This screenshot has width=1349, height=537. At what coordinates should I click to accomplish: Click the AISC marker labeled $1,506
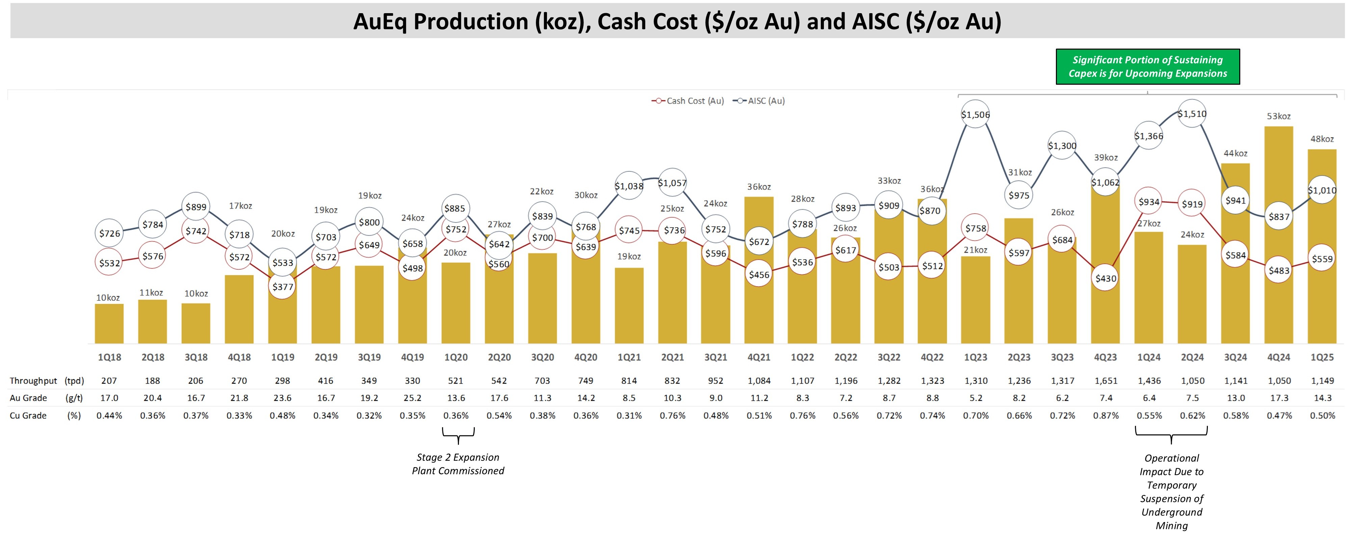975,114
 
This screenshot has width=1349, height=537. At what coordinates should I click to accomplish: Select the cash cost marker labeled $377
282,286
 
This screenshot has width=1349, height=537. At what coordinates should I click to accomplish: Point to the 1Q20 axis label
456,357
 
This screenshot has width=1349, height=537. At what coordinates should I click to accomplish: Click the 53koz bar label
1278,116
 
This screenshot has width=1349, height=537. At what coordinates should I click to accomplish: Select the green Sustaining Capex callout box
1147,66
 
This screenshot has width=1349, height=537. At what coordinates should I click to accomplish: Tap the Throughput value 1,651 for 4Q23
1106,380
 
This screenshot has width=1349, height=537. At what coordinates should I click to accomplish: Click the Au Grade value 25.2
412,398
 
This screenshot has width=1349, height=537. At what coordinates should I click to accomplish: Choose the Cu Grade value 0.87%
1106,415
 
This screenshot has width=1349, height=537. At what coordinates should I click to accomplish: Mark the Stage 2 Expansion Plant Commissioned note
458,464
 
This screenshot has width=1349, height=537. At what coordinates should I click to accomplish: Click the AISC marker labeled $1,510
1192,113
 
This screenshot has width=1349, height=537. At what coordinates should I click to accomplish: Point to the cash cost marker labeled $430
1106,278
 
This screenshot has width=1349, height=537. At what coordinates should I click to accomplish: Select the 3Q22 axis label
889,357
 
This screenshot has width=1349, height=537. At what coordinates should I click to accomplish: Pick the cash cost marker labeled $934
1148,202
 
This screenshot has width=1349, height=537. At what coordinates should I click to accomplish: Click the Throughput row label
33,380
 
